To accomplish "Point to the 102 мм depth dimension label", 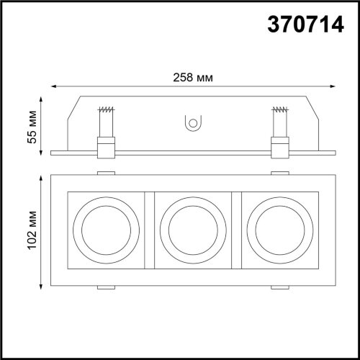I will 30,230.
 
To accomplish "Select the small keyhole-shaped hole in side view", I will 192,124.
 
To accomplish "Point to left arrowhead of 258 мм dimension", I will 50,87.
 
